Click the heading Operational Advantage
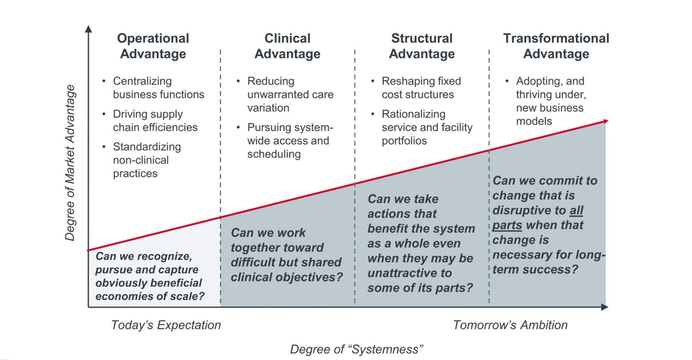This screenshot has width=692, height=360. click(153, 46)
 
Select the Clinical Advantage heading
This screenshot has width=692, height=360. click(287, 46)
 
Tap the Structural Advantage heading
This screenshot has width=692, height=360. click(422, 46)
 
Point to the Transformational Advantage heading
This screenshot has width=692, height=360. click(556, 46)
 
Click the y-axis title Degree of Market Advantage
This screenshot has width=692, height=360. click(70, 163)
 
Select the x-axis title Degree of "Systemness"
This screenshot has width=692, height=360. click(356, 349)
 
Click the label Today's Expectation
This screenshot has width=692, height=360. click(166, 325)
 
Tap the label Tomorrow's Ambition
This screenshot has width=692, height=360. click(510, 325)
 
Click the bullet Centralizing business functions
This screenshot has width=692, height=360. click(158, 88)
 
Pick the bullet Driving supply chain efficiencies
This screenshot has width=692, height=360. click(155, 121)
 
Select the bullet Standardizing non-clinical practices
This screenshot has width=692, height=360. click(147, 160)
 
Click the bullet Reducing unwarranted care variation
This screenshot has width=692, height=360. click(290, 94)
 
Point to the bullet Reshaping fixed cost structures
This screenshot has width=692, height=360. click(421, 88)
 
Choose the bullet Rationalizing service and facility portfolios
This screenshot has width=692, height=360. click(427, 128)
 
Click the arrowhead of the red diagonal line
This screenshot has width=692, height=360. click(605, 121)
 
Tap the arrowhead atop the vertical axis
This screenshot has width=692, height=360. click(88, 29)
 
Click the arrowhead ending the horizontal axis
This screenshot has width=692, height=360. click(605, 308)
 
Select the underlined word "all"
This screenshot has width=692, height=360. click(576, 210)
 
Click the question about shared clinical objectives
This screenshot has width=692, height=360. click(286, 255)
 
